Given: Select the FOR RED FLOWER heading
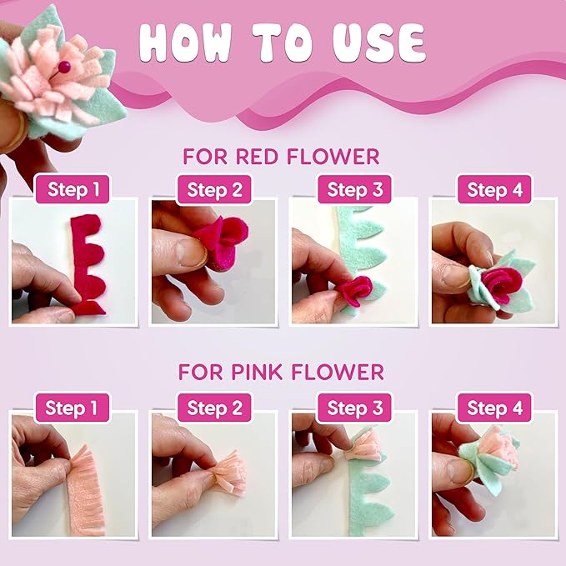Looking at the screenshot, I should pyautogui.click(x=281, y=157).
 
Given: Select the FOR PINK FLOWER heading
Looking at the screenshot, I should pyautogui.click(x=281, y=371).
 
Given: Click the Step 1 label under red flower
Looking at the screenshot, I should pyautogui.click(x=73, y=189).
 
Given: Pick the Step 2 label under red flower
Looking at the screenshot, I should pyautogui.click(x=213, y=189).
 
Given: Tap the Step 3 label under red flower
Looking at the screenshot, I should pyautogui.click(x=353, y=189).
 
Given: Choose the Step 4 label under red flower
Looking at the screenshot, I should pyautogui.click(x=493, y=189).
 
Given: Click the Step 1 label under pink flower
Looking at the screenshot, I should pyautogui.click(x=73, y=408).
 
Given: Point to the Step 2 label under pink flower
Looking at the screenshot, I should pyautogui.click(x=213, y=408).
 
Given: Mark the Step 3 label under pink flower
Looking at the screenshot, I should pyautogui.click(x=353, y=408).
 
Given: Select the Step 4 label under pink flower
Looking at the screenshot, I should pyautogui.click(x=493, y=408).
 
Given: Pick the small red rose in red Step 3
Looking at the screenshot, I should pyautogui.click(x=351, y=292).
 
